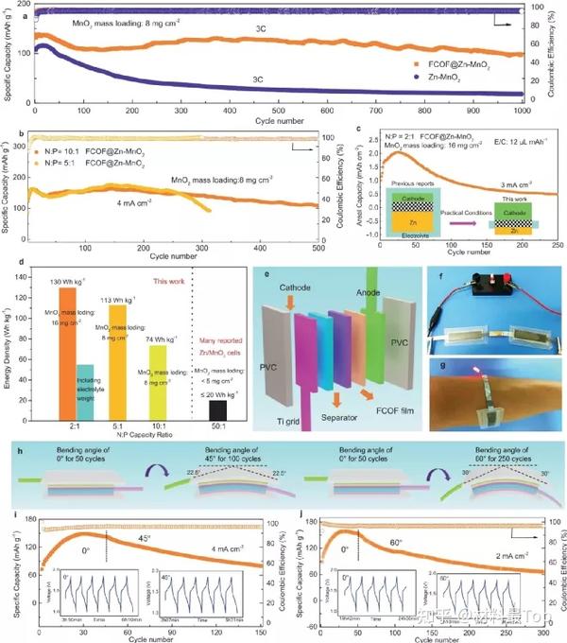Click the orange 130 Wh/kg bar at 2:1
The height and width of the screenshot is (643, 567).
(67, 350)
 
